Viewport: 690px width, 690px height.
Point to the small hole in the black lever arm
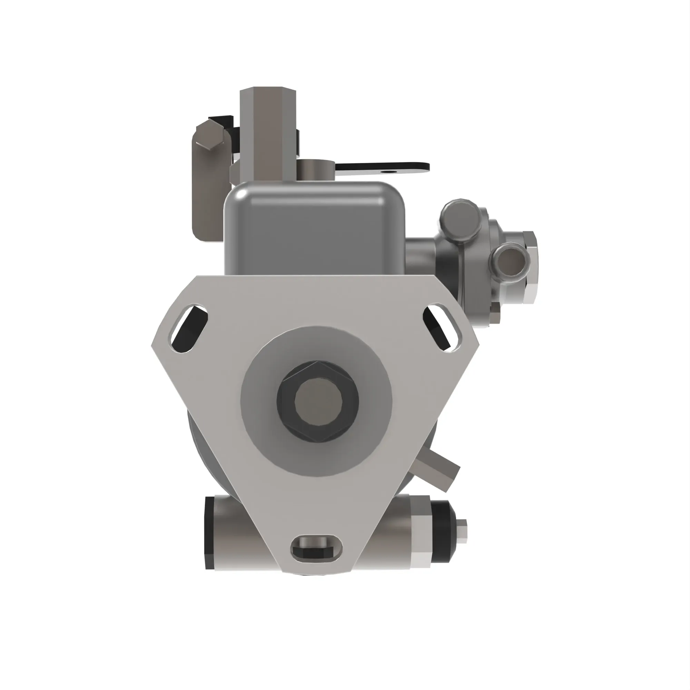click(386, 171)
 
